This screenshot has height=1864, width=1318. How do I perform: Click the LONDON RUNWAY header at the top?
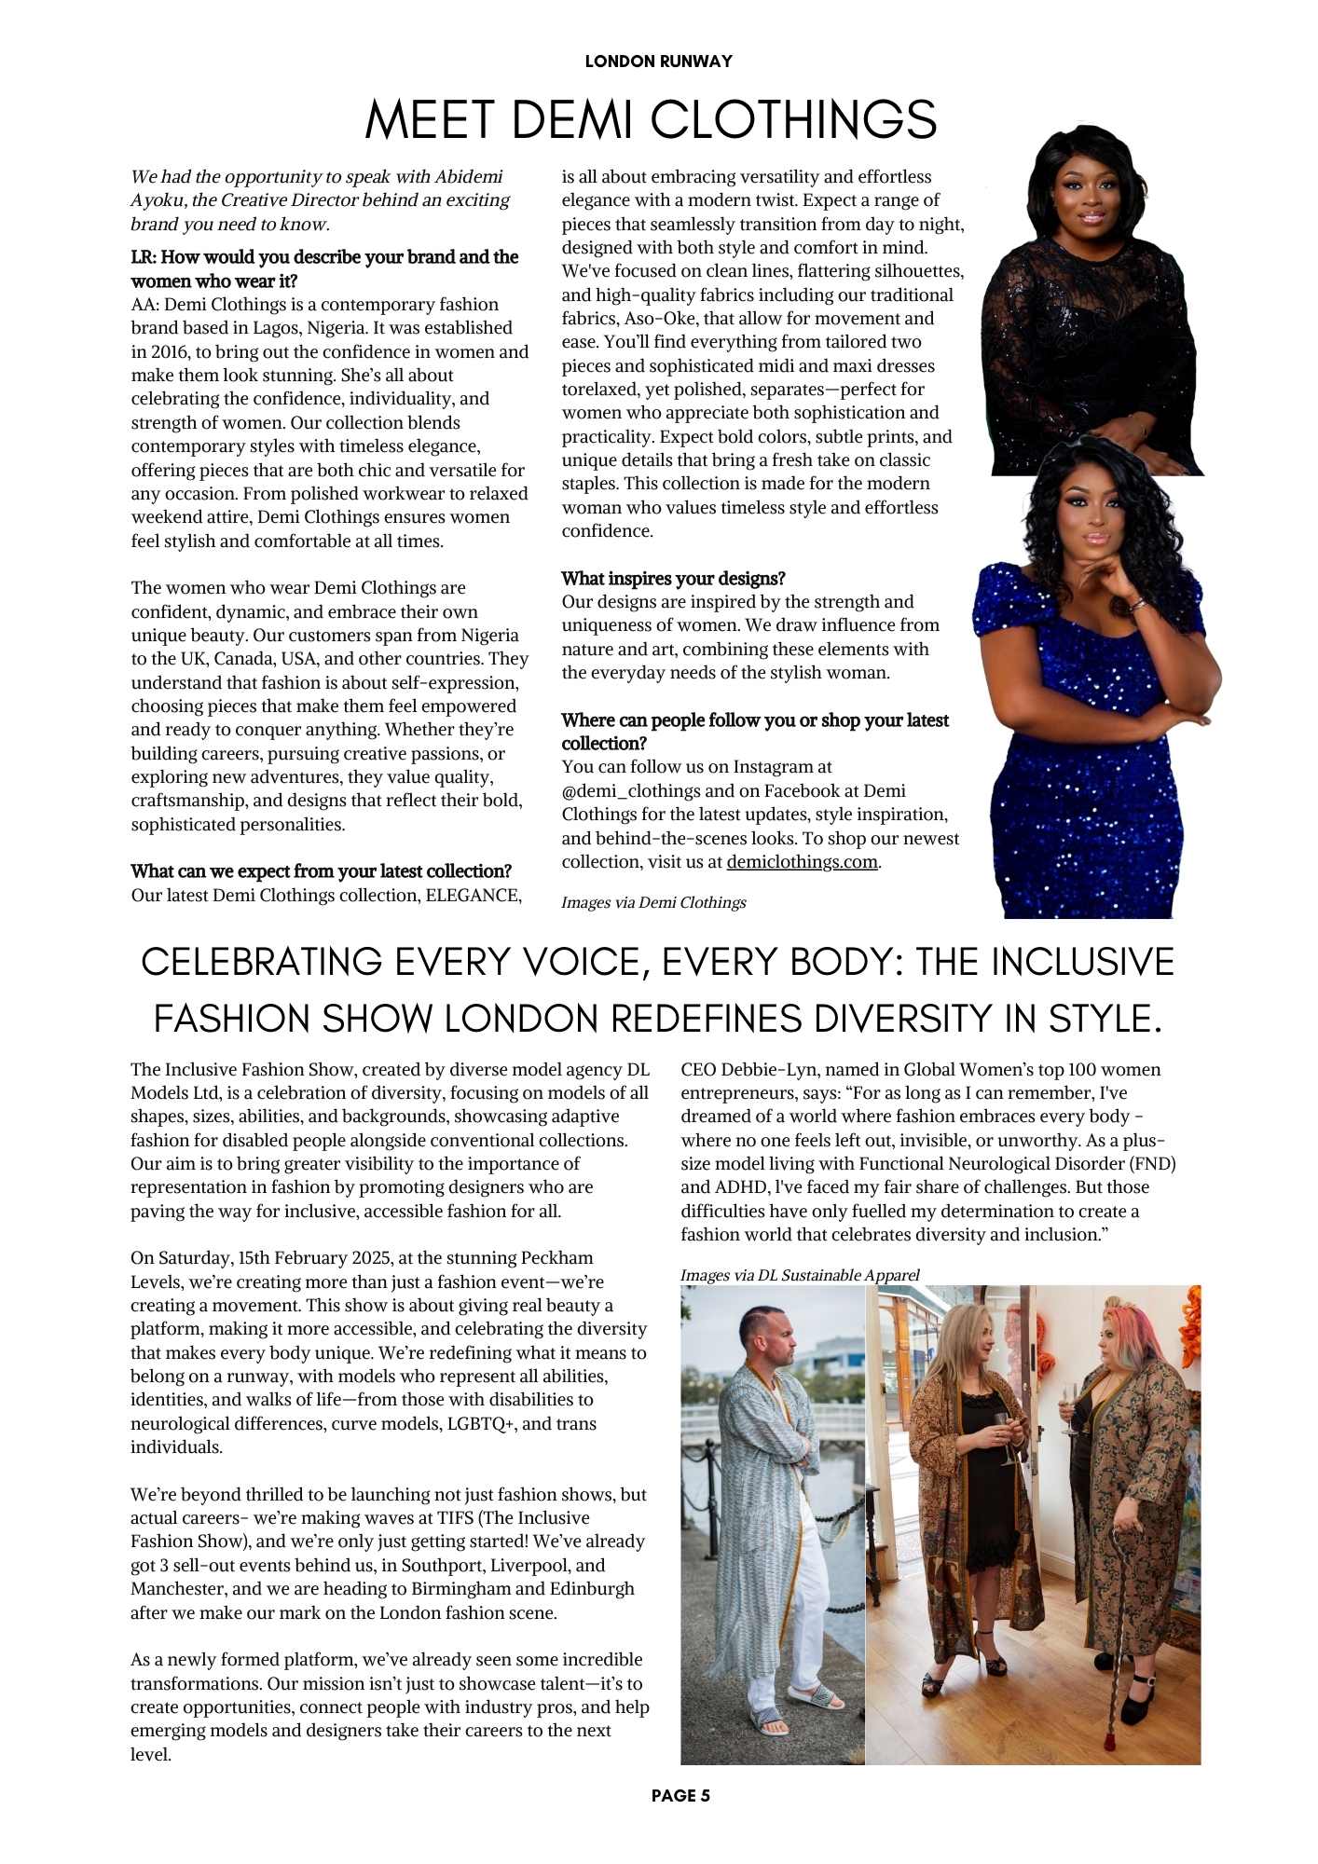click(x=658, y=62)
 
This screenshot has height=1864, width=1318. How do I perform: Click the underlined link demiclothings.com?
click(x=802, y=862)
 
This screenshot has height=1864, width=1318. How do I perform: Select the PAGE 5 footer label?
click(x=680, y=1795)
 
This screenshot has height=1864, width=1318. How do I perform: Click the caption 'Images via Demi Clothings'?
click(x=653, y=902)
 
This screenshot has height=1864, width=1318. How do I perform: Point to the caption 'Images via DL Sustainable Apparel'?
click(x=800, y=1275)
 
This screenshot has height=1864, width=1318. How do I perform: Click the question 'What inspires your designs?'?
click(x=673, y=579)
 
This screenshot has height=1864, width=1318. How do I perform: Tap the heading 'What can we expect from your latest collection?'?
click(x=321, y=871)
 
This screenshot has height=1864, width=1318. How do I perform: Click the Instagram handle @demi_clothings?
click(x=631, y=791)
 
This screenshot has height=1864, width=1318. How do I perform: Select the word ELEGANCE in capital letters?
click(x=472, y=896)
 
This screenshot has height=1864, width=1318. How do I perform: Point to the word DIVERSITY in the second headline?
click(x=905, y=1019)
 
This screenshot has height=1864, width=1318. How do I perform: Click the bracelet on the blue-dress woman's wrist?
click(x=1138, y=604)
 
